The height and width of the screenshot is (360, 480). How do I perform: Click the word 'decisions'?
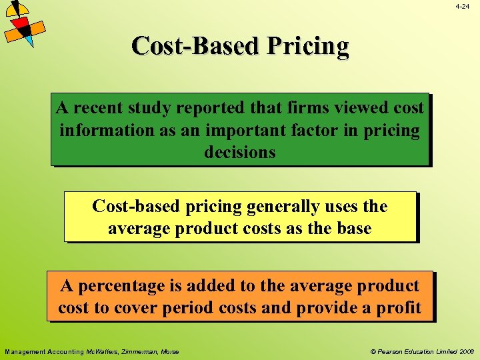[239, 153]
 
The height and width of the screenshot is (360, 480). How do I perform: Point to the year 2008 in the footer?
[466, 351]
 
